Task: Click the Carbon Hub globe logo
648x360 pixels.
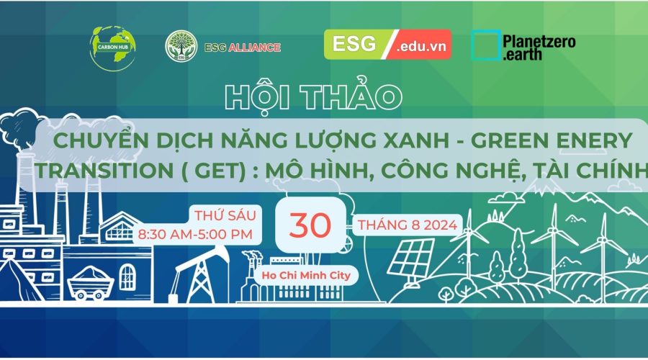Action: [x=113, y=48]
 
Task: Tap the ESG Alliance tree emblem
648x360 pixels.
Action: [x=181, y=46]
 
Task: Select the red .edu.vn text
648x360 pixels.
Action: [x=421, y=46]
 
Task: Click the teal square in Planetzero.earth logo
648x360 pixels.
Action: [x=486, y=45]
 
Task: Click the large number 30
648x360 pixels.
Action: [x=310, y=225]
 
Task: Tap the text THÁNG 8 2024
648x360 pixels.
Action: [x=407, y=225]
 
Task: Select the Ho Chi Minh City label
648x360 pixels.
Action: [x=306, y=275]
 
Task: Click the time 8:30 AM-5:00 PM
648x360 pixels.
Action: [x=195, y=234]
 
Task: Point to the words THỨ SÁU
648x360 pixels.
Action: [x=225, y=215]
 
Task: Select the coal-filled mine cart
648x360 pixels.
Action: [x=91, y=283]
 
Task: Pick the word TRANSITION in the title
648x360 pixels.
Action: [x=104, y=171]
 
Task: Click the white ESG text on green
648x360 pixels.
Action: [x=354, y=44]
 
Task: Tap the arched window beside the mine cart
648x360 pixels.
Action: [x=127, y=277]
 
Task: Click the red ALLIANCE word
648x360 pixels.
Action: [x=255, y=48]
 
